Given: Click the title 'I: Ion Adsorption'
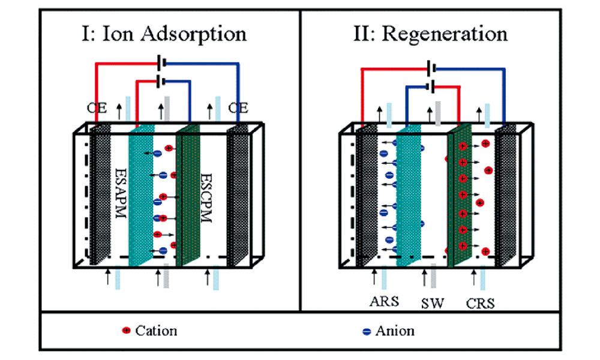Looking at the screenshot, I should pos(164,34).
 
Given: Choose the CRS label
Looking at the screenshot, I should pos(480,302).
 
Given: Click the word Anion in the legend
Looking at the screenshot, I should pos(394,331).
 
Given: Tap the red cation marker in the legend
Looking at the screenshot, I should pos(126,331).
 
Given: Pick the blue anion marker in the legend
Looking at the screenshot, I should pos(366,331).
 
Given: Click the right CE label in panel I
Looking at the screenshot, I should pos(238,107).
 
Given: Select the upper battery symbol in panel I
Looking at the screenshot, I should pos(160,62).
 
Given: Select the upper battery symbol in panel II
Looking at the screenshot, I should pos(430,68).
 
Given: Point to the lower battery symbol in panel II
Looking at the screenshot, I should pos(430,86).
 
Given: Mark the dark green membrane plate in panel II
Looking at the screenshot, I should pos(460,198).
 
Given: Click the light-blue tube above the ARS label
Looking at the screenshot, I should pos(383,279).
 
